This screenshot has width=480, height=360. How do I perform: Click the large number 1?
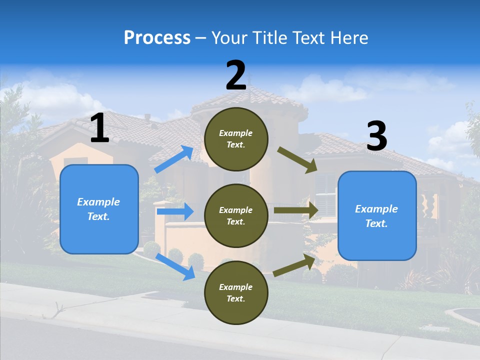(x=99, y=128)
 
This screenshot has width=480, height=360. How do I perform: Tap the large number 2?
(x=236, y=75)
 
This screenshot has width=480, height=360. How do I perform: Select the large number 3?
(x=376, y=136)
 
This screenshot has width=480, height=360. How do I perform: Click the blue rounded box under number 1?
(x=99, y=209)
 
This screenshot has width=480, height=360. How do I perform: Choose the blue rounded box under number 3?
(x=377, y=216)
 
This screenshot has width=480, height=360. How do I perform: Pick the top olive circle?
(x=236, y=139)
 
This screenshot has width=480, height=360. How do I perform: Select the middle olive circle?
(x=236, y=215)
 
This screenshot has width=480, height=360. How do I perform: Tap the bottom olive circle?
(x=236, y=292)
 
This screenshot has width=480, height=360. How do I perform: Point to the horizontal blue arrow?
(x=175, y=211)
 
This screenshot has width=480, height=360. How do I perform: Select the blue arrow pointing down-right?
(x=175, y=266)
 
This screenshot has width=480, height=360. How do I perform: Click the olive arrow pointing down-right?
(x=297, y=160)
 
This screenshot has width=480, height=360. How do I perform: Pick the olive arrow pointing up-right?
(x=294, y=264)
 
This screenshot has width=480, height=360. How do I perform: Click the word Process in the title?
(x=157, y=37)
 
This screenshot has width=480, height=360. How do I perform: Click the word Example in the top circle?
(x=236, y=133)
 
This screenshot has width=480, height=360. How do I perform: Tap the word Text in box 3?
(x=375, y=223)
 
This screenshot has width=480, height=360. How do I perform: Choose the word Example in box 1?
(x=98, y=202)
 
